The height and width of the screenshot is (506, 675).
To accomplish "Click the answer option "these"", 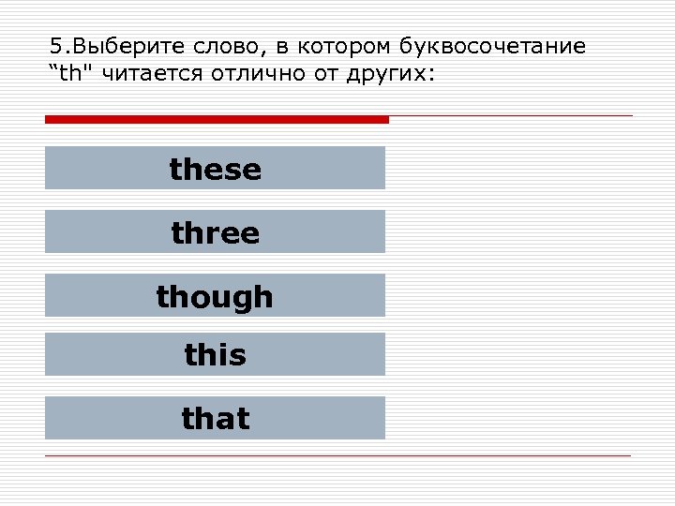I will (x=216, y=169).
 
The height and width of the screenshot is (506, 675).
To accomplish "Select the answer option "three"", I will (x=216, y=232).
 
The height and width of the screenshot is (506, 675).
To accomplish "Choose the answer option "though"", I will (x=216, y=296).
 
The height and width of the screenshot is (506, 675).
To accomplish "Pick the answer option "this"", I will (x=216, y=355).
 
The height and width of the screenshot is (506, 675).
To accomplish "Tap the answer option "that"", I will (x=216, y=418).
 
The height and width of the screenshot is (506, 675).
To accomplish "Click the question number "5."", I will (x=59, y=48).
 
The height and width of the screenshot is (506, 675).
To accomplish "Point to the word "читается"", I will (x=139, y=74).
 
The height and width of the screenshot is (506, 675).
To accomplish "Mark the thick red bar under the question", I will (x=217, y=119).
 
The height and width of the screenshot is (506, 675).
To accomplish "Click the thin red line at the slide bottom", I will (x=337, y=455).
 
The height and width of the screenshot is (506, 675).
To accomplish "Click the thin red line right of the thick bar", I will (x=511, y=116).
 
